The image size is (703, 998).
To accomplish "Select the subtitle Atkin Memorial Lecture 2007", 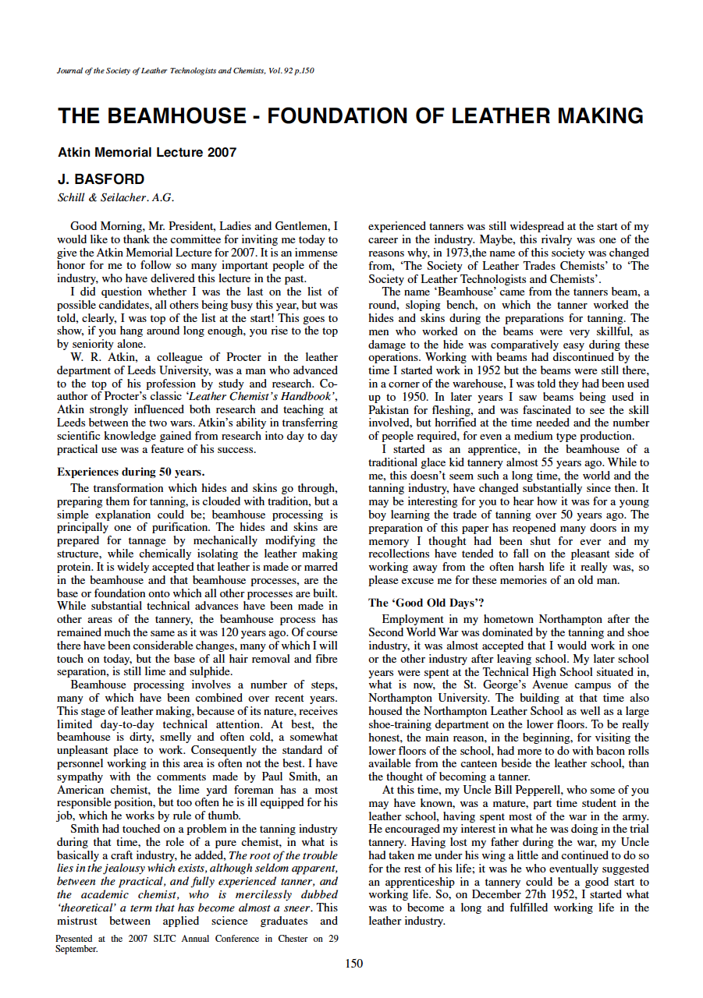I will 147,153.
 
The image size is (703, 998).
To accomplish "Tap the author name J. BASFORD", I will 101,179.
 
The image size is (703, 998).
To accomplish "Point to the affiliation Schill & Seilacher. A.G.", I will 115,197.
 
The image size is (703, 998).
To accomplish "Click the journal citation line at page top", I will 186,71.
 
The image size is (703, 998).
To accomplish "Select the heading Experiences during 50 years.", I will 131,472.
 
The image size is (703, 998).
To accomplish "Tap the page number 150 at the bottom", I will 353,964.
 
